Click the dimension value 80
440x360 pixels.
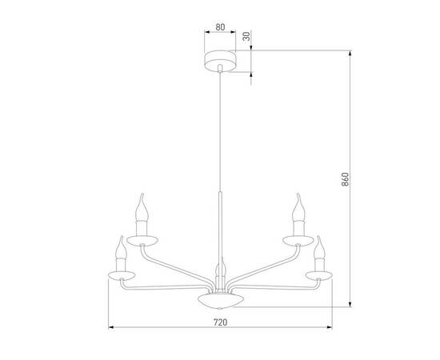point(220,26)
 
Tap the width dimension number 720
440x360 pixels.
point(220,322)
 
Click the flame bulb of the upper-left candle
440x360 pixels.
point(144,209)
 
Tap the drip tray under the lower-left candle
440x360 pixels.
point(122,275)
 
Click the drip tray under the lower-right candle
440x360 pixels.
point(319,275)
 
